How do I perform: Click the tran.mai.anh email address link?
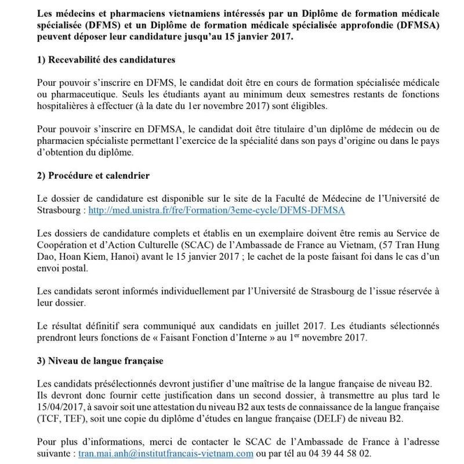click(166, 454)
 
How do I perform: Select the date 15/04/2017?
click(60, 407)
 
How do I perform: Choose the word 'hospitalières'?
click(64, 106)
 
